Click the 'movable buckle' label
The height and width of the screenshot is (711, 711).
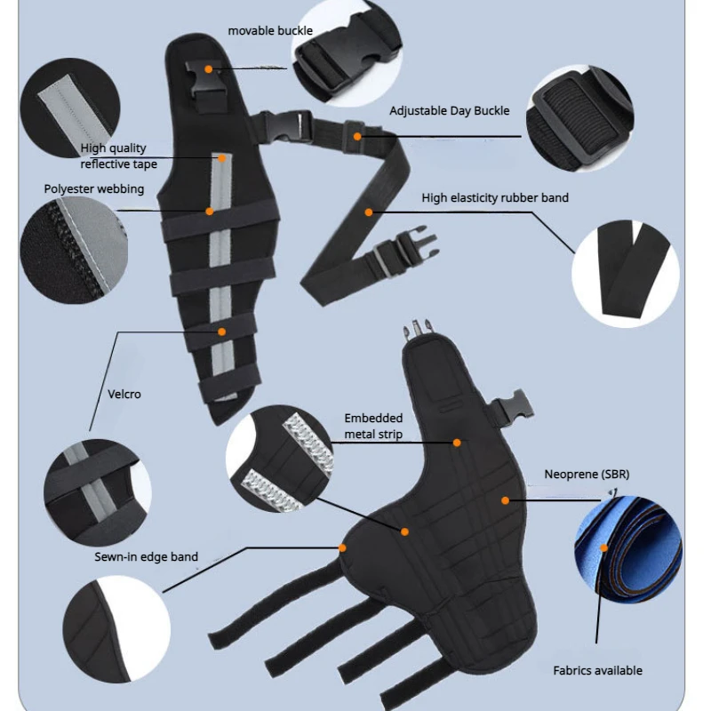(x=270, y=31)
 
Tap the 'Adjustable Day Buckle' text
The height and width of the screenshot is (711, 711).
(x=449, y=111)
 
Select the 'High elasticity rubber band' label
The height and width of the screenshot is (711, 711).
(x=495, y=197)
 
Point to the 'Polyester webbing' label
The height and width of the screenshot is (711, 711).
(x=94, y=188)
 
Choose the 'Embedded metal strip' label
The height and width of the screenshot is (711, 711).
(x=373, y=426)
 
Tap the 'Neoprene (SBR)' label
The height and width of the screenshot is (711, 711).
(x=587, y=475)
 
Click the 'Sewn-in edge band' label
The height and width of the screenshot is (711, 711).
(x=147, y=557)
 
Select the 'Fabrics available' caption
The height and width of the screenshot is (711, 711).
(x=597, y=670)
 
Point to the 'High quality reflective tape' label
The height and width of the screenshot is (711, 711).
(x=118, y=156)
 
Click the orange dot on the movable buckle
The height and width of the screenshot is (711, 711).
(x=208, y=68)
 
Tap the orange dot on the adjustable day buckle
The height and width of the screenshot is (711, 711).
(x=357, y=136)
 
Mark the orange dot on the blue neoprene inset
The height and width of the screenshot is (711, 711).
(x=604, y=547)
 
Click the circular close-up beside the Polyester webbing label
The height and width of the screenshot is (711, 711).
(x=72, y=248)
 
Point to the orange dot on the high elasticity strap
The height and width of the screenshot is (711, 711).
(x=368, y=212)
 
